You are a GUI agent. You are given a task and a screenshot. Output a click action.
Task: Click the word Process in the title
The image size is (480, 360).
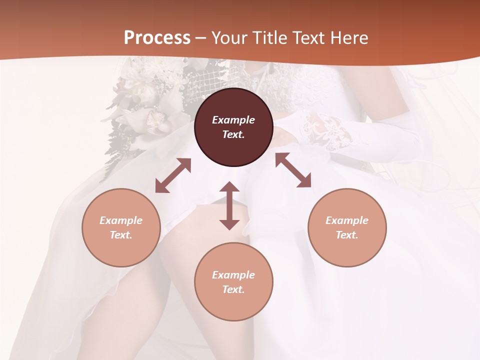point(157,38)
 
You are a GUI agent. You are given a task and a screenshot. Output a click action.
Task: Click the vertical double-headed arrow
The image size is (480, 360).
point(229,205)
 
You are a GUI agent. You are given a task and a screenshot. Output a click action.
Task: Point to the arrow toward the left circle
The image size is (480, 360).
point(173,175)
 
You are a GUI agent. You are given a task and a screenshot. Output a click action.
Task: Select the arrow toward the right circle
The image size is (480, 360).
point(293,170)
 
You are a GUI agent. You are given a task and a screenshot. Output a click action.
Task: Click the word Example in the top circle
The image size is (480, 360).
point(233,120)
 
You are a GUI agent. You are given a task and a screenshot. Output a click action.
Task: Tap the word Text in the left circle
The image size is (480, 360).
point(121,235)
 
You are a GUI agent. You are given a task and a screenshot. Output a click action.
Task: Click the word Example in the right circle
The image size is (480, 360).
point(347,220)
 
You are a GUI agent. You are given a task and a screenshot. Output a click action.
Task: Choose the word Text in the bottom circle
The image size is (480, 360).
point(233,289)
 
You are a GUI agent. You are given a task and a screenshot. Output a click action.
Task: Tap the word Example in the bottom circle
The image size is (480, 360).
point(233,275)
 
